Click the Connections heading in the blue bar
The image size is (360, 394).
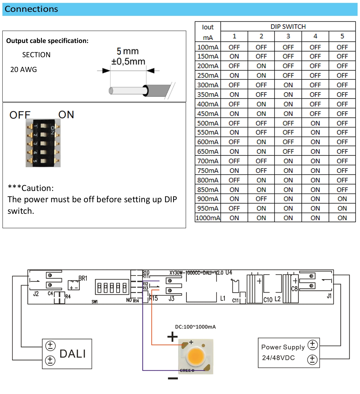tap(31, 9)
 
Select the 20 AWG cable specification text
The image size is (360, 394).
tap(24, 70)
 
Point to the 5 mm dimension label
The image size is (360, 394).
tap(128, 51)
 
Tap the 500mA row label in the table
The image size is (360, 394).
tap(208, 123)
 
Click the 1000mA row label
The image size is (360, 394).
tap(208, 218)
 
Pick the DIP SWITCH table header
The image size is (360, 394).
tap(288, 27)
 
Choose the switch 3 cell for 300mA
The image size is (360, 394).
tap(288, 85)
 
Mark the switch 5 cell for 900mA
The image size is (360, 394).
tap(342, 199)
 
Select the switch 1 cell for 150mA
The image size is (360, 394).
tap(234, 56)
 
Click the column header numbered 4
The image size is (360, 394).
tap(315, 36)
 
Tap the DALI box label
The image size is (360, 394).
tap(73, 354)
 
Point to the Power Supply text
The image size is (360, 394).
tap(283, 347)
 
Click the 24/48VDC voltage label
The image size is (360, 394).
tap(278, 358)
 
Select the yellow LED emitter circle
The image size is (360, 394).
tap(196, 356)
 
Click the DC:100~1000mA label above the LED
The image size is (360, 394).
tap(195, 327)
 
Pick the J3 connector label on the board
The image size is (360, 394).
tap(171, 299)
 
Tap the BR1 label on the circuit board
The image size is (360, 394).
tap(83, 278)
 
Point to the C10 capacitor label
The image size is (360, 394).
tap(268, 300)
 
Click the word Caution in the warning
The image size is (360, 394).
tap(37, 188)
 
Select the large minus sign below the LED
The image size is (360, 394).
tap(173, 378)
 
